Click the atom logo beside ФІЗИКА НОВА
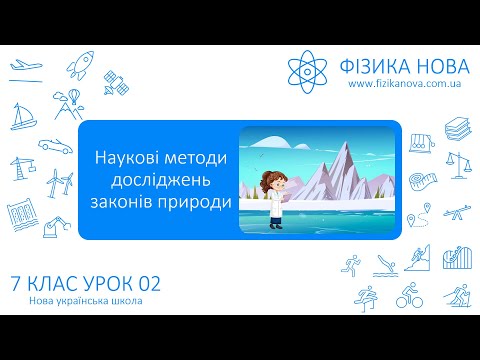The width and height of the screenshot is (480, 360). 306,69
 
